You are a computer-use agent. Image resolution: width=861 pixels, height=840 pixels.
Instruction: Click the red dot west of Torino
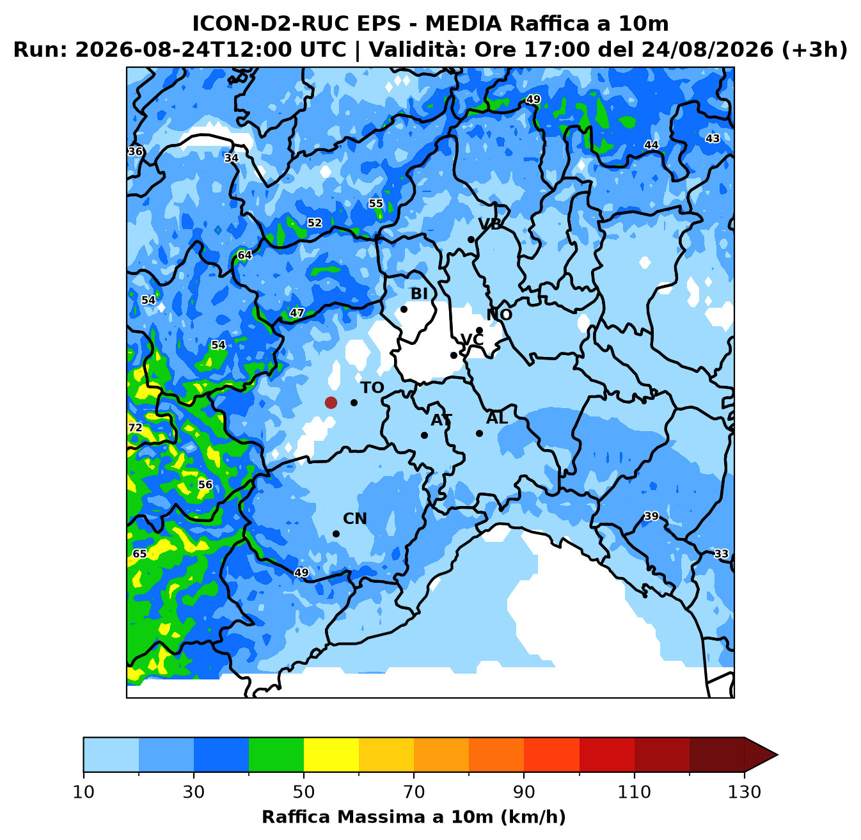click(331, 402)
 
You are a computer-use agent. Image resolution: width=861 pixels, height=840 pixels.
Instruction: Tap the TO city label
click(372, 388)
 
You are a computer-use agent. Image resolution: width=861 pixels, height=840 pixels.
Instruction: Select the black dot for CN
click(336, 534)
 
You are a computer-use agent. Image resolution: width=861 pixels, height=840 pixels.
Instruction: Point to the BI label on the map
click(419, 294)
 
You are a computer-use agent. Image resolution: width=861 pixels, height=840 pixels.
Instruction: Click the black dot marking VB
click(471, 239)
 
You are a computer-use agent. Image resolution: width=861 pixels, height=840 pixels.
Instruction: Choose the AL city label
click(497, 418)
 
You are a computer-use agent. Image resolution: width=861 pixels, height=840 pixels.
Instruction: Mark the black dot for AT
click(424, 435)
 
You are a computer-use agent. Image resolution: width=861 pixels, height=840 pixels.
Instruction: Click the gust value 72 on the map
click(136, 428)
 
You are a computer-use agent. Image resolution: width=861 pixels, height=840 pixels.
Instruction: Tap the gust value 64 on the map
click(244, 255)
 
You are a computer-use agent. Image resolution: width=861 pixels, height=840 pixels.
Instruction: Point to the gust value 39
click(651, 516)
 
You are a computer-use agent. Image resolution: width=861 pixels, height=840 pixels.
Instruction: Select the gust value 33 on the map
click(721, 553)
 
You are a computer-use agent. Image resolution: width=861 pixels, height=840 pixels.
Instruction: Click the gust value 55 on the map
click(375, 203)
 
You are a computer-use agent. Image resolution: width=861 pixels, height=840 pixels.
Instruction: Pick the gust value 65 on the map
click(140, 553)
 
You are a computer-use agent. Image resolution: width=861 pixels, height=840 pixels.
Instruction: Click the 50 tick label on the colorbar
click(303, 792)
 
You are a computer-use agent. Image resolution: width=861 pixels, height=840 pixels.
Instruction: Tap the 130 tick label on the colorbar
click(744, 792)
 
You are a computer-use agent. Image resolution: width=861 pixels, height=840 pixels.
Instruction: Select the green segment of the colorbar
click(276, 754)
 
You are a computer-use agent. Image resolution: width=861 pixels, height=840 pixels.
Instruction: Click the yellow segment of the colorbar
click(331, 754)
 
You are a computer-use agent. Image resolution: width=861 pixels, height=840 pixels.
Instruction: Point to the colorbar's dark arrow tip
click(777, 754)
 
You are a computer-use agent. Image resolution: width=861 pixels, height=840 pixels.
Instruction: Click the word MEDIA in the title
click(463, 24)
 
